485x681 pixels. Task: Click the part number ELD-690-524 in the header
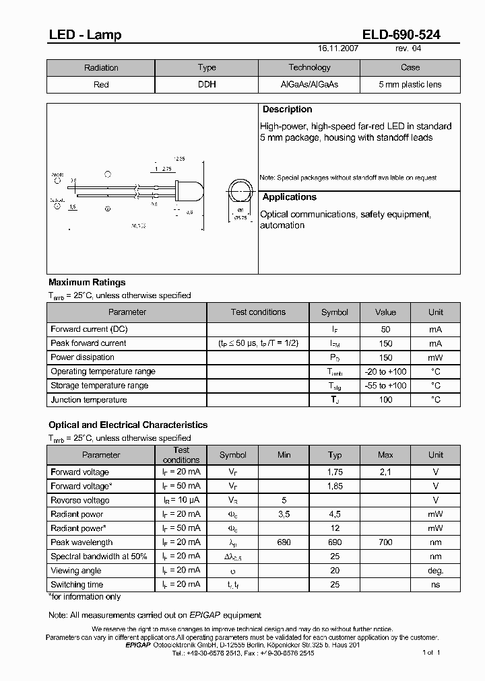point(401,34)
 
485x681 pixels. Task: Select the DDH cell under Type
point(207,85)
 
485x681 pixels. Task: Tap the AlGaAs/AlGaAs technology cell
point(309,85)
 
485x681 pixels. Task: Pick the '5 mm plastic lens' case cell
point(410,85)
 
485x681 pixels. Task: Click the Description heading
point(287,110)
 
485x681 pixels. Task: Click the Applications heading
point(289,197)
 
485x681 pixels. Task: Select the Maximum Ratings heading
point(87,283)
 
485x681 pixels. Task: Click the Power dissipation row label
point(82,357)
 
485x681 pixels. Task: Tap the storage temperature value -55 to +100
point(385,386)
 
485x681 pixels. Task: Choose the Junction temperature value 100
point(385,400)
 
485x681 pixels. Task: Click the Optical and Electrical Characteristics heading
point(128,425)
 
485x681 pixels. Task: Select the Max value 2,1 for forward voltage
point(385,472)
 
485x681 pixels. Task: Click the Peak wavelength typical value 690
point(335,542)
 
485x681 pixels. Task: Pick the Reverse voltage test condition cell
point(181,501)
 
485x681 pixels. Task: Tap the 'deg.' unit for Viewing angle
point(436,571)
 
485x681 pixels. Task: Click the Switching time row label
point(77,585)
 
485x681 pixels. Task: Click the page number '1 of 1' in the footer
point(431,653)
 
